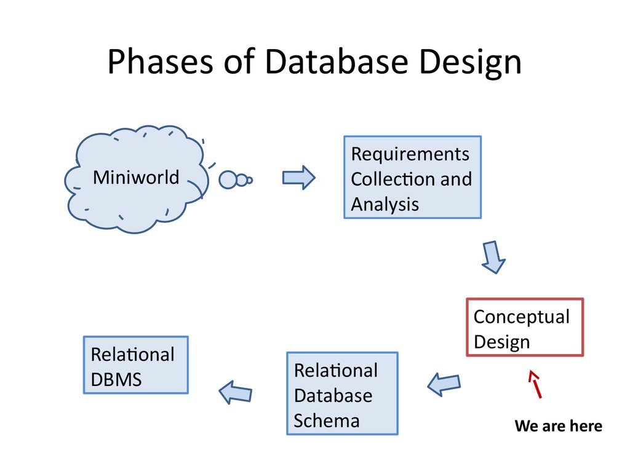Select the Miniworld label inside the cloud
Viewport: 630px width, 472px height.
click(136, 178)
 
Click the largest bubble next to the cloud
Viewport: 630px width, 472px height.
click(228, 179)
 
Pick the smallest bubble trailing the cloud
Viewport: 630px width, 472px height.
click(250, 180)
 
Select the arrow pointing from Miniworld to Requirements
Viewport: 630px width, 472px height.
click(298, 178)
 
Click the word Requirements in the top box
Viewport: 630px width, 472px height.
click(410, 154)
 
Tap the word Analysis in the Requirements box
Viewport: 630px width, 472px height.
click(385, 204)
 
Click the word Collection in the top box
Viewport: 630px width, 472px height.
click(385, 179)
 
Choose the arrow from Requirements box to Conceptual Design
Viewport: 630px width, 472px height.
click(492, 257)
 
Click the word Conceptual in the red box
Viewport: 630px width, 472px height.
click(521, 317)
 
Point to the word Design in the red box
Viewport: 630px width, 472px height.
click(501, 342)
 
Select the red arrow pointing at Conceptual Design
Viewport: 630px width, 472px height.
click(535, 383)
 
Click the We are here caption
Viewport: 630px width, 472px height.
click(558, 426)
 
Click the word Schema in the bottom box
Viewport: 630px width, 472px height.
click(326, 420)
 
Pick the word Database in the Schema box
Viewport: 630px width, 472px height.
click(333, 395)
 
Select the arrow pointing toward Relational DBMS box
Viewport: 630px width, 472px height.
click(236, 391)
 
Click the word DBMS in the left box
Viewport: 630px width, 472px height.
click(116, 380)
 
